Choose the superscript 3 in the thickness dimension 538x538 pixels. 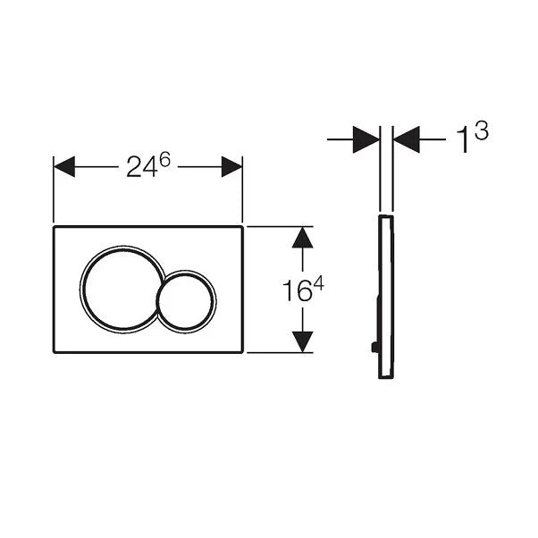[x=481, y=131]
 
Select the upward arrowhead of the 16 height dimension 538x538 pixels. [x=303, y=238]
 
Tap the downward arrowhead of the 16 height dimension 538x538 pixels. [x=303, y=340]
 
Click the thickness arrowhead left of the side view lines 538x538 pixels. [x=366, y=139]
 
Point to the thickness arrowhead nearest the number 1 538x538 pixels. [x=407, y=139]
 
